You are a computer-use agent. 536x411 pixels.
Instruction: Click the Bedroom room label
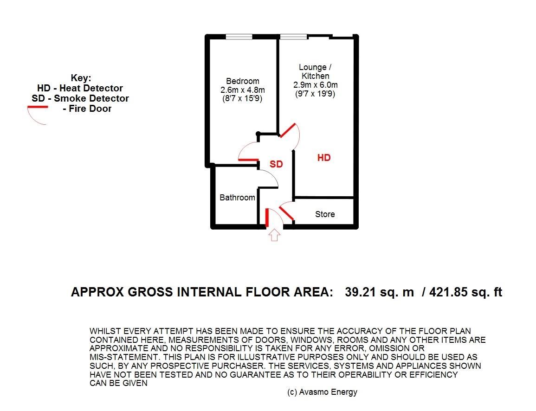[x=242, y=81]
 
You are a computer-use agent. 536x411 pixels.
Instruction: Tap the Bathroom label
[x=237, y=198]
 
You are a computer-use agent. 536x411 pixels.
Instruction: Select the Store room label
[x=325, y=214]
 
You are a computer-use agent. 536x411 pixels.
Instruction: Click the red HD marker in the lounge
[x=324, y=158]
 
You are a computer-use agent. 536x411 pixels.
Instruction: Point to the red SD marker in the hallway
[x=277, y=165]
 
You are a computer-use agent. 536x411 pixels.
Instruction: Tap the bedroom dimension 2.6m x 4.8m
[x=242, y=90]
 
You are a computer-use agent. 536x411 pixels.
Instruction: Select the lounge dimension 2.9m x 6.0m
[x=316, y=85]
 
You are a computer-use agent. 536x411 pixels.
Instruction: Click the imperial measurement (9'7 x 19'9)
[x=316, y=94]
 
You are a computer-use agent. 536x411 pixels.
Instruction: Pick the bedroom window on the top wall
[x=239, y=37]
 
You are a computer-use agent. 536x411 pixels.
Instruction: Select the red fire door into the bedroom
[x=248, y=160]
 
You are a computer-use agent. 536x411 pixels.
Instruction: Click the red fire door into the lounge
[x=287, y=130]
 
